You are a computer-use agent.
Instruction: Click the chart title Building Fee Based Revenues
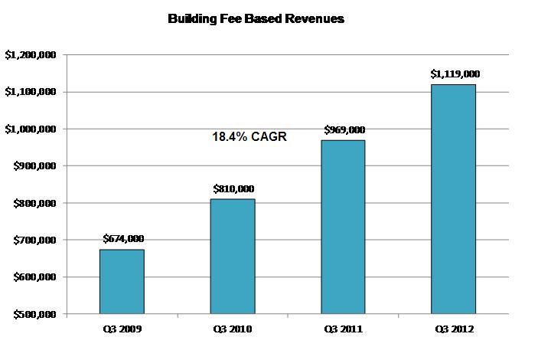click(x=256, y=19)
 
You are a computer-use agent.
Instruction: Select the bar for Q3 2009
click(x=122, y=281)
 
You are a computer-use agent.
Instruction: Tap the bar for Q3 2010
click(x=233, y=257)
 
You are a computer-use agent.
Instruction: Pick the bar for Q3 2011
click(x=343, y=227)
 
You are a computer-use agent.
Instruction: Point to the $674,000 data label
click(x=122, y=239)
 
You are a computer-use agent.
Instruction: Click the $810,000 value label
click(x=233, y=189)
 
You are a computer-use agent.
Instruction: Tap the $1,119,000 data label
click(x=455, y=74)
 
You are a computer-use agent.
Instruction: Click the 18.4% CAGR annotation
click(x=249, y=137)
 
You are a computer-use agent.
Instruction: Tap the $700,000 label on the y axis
click(x=35, y=241)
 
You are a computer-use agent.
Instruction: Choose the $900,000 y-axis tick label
click(x=35, y=166)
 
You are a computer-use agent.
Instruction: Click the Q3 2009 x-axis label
click(x=122, y=329)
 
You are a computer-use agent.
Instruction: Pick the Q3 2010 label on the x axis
click(x=233, y=329)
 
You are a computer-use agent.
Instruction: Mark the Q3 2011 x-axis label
click(x=343, y=329)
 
